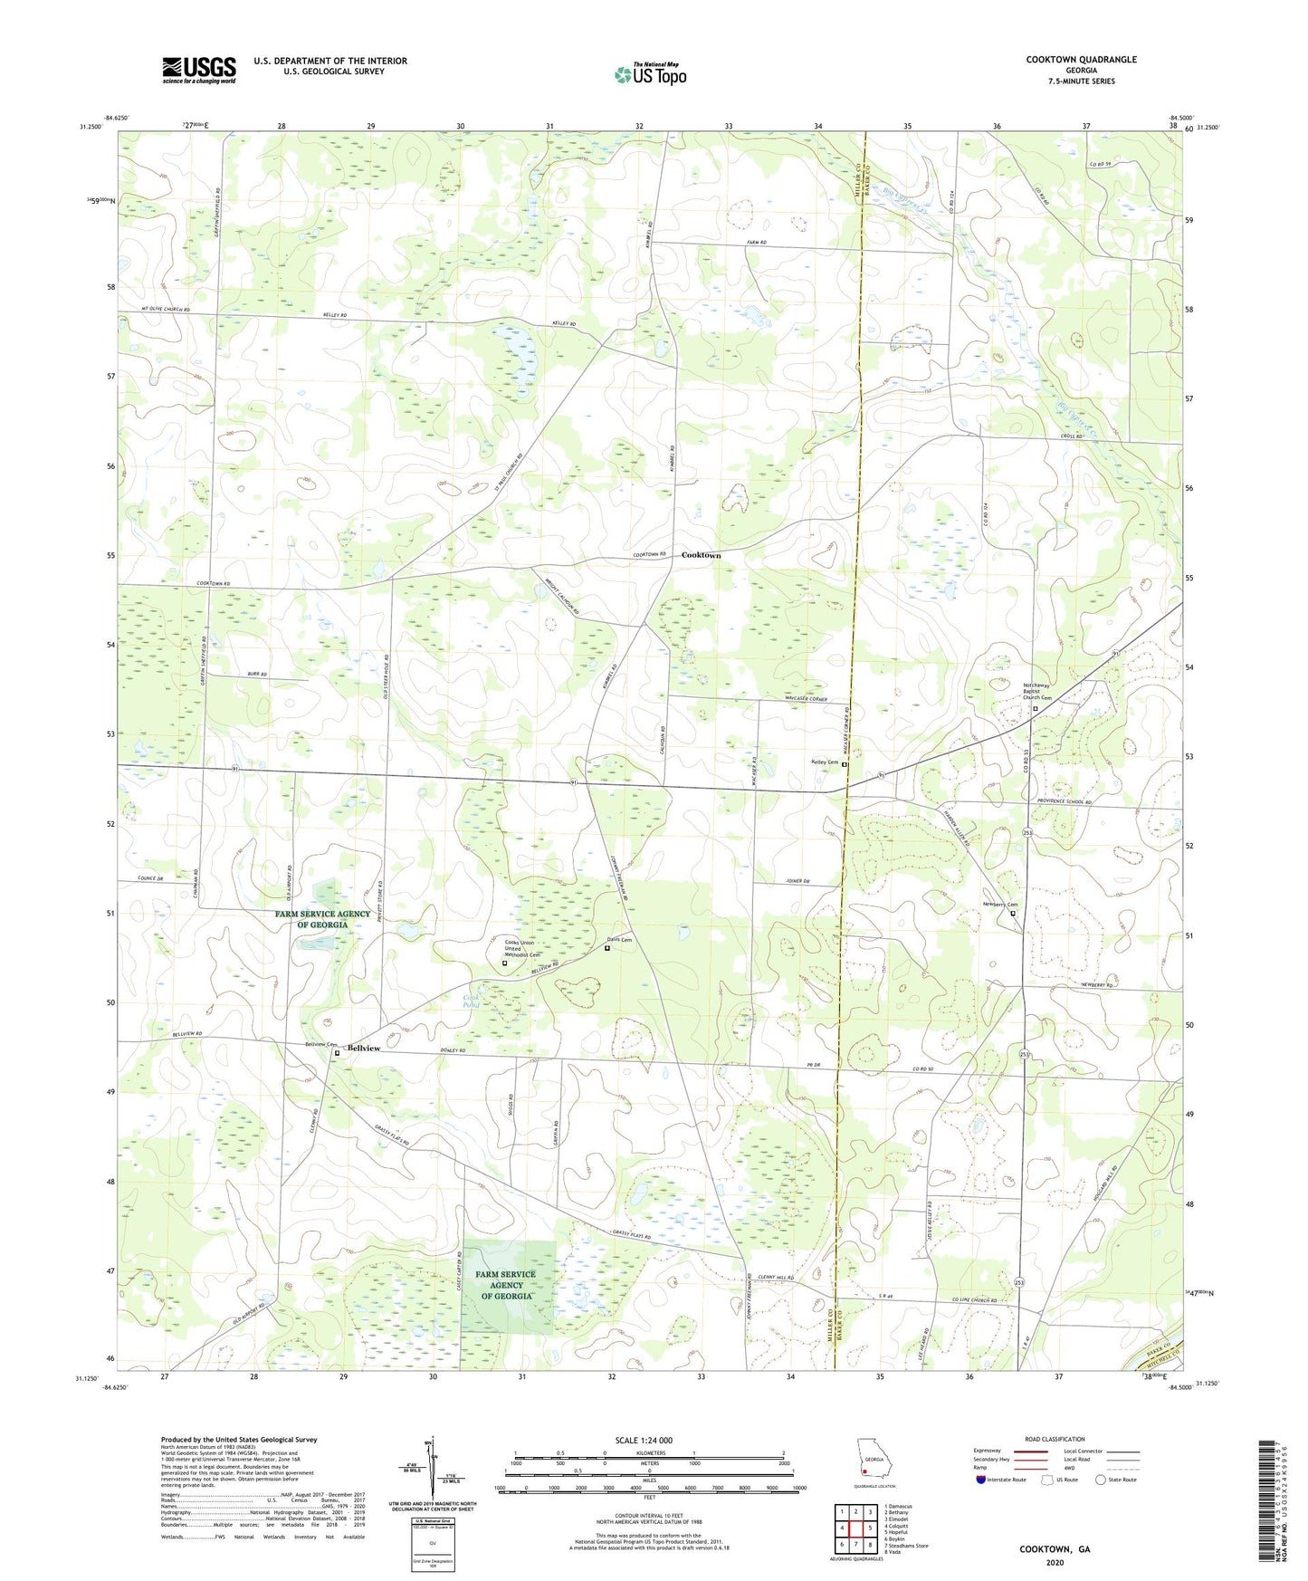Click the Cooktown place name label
(x=701, y=554)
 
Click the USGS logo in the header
(x=199, y=69)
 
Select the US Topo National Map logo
(x=650, y=74)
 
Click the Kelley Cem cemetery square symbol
(x=845, y=764)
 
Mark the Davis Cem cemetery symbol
(x=606, y=948)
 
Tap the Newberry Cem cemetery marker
(x=1013, y=914)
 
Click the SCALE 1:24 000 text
(x=643, y=1440)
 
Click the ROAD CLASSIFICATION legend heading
(x=1055, y=1439)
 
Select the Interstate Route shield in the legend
(x=982, y=1480)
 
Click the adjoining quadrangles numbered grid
(x=855, y=1528)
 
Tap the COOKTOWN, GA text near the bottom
(x=1055, y=1549)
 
